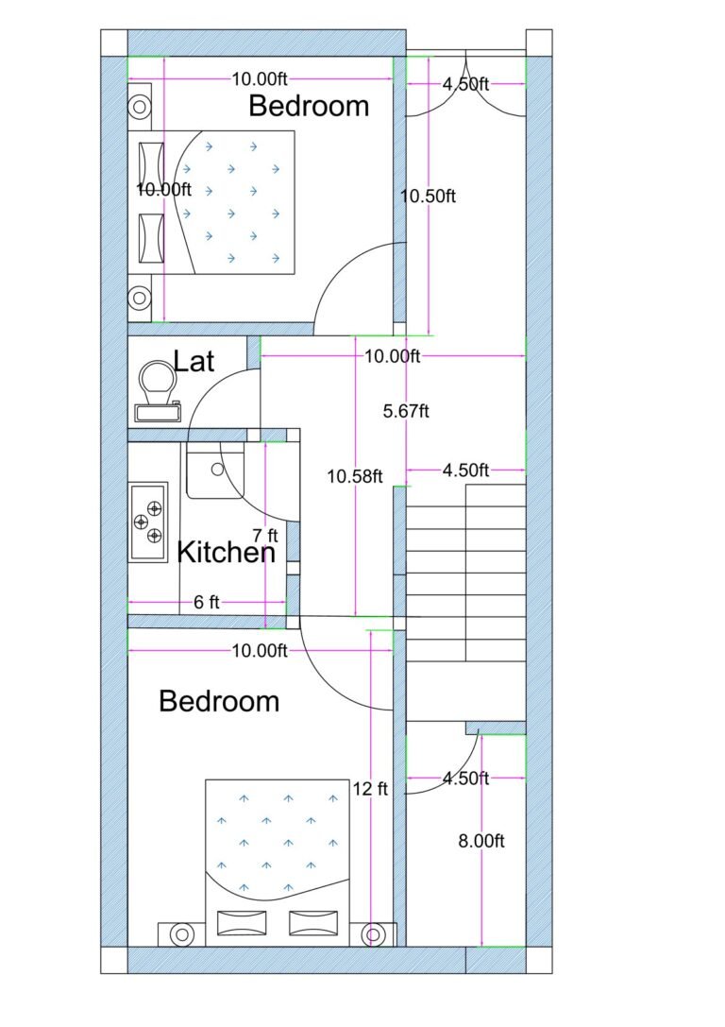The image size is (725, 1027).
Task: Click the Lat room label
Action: (194, 361)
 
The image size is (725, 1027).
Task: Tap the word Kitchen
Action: (227, 553)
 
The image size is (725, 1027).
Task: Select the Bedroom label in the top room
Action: (309, 106)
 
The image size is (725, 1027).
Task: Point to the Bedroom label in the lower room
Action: (219, 701)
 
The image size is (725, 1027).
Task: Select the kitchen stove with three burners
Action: (148, 521)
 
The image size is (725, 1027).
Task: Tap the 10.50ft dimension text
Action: (428, 197)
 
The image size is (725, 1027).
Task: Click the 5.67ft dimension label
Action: (406, 411)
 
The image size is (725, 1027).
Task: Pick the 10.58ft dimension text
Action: (354, 476)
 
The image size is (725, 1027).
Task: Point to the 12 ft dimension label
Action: (370, 788)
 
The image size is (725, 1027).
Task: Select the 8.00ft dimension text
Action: (481, 841)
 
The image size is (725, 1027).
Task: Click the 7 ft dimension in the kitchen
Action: (266, 535)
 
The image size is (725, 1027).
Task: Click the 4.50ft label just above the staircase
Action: (465, 470)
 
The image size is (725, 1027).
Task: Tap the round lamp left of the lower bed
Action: (180, 934)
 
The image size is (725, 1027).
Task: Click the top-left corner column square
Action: (114, 43)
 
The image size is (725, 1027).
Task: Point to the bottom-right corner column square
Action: (539, 960)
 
